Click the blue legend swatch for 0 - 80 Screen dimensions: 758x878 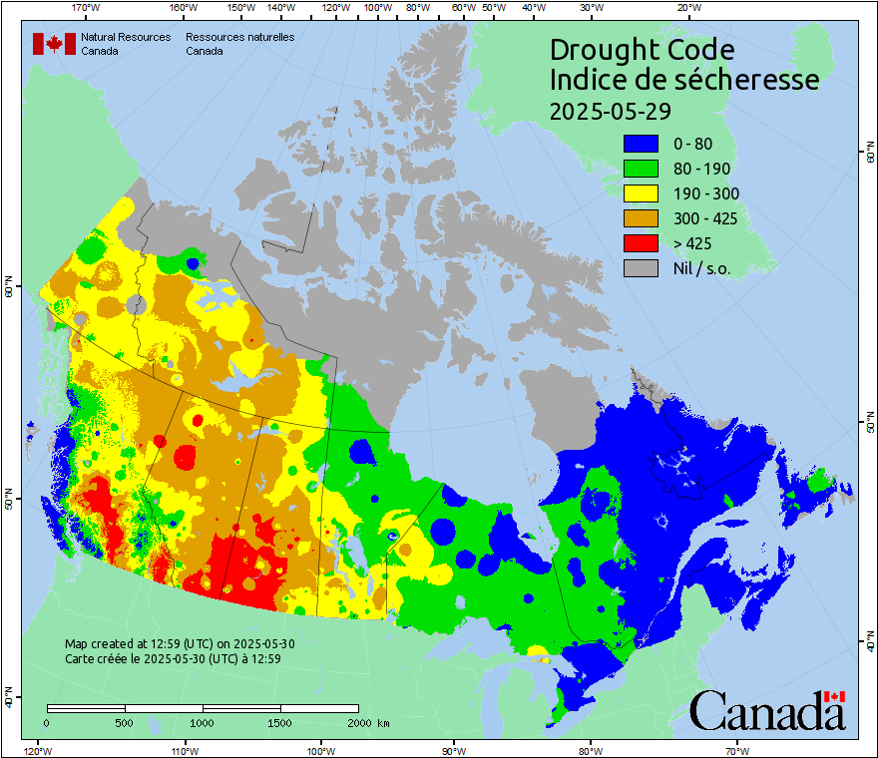click(641, 144)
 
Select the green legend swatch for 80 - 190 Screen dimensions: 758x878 click(641, 169)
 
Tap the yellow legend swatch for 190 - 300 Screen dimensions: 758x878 click(641, 193)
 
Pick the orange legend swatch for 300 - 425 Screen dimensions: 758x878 click(641, 218)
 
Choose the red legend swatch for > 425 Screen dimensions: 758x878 click(641, 243)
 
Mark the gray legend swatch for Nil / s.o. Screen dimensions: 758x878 click(641, 268)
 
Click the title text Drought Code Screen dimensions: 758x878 click(642, 50)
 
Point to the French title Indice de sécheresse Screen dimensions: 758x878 click(683, 80)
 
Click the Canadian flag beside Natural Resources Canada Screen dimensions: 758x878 click(54, 44)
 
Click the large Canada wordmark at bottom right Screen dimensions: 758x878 click(767, 711)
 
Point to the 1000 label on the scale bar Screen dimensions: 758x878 click(203, 722)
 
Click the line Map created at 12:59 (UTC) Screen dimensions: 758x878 click(180, 644)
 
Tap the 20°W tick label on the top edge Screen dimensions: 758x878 click(686, 8)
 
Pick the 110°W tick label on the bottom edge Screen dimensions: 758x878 click(184, 750)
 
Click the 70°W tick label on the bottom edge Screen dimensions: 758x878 click(737, 750)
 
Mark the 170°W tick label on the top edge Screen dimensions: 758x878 click(87, 8)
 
